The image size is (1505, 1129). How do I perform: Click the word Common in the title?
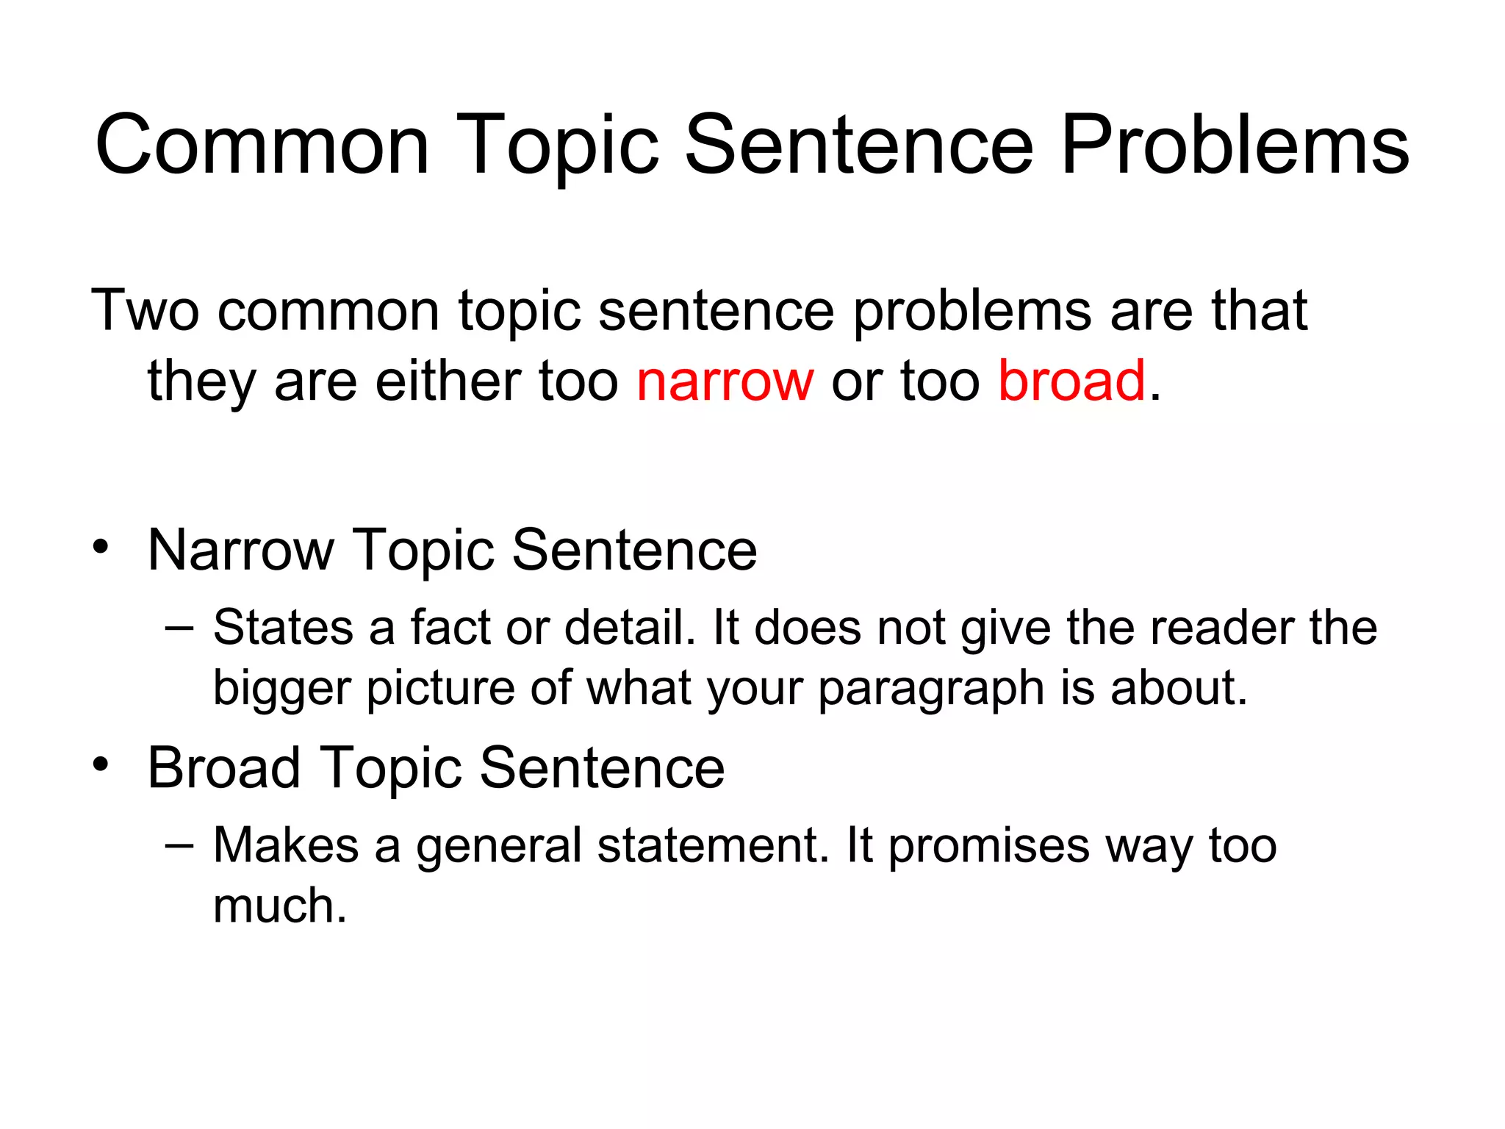click(262, 146)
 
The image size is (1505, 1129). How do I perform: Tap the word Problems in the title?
click(1235, 146)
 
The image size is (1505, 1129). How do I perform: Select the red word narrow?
click(725, 381)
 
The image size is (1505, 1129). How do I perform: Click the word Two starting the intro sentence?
click(145, 310)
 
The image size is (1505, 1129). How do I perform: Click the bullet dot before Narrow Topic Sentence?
click(101, 546)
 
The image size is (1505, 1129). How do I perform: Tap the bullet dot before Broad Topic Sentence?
click(101, 764)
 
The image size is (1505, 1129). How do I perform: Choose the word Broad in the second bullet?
click(223, 767)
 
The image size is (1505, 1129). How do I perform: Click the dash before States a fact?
click(179, 628)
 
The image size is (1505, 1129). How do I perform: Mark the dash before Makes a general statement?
click(179, 845)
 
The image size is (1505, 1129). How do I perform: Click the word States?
click(283, 628)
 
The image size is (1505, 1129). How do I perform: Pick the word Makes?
click(285, 845)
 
